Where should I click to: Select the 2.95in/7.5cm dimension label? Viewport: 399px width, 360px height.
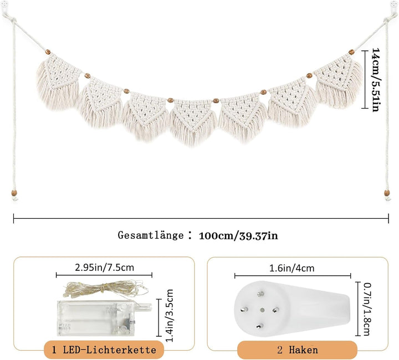(x=105, y=268)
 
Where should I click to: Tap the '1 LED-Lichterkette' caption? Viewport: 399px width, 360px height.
(x=105, y=349)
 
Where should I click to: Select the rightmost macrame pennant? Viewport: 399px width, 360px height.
(x=340, y=83)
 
